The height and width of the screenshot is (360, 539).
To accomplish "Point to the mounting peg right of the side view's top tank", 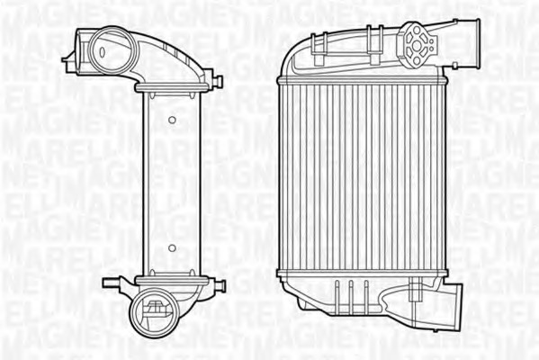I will (218, 82).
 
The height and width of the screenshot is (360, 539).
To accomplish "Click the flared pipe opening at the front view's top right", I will (472, 41).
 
